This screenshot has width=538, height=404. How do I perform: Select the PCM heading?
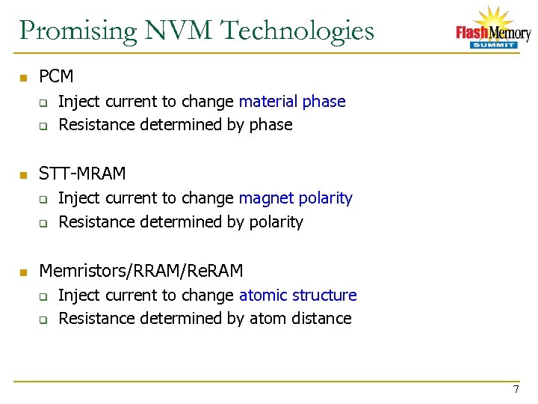[x=56, y=76]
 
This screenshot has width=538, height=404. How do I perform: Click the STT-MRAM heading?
[x=82, y=174]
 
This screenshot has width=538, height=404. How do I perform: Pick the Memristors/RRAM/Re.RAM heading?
[x=140, y=270]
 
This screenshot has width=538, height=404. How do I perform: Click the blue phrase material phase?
[x=292, y=102]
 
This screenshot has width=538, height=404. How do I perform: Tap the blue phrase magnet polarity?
[x=295, y=198]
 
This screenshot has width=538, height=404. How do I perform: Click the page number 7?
[x=516, y=389]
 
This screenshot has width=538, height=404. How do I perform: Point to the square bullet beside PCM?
[x=23, y=78]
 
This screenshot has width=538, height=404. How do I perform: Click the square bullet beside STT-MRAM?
[x=23, y=175]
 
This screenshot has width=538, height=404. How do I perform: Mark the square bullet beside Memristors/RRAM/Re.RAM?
[x=23, y=272]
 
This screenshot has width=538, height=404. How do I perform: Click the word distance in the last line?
[x=321, y=319]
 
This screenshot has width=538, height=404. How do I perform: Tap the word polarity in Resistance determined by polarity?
[x=276, y=222]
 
